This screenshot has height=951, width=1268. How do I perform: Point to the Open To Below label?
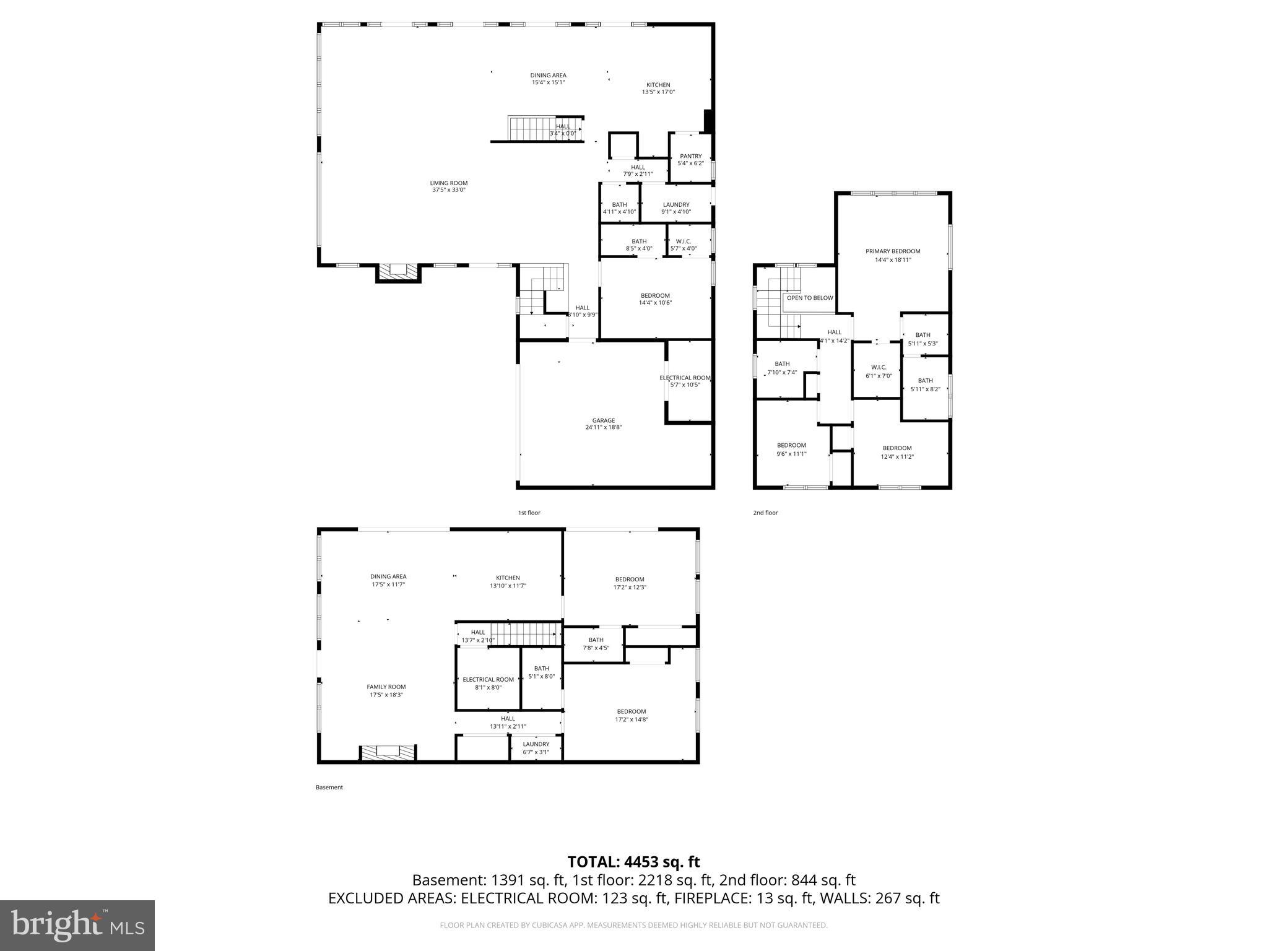pos(809,298)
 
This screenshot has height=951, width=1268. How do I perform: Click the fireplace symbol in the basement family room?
pos(388,752)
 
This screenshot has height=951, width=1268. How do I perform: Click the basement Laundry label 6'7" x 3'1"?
pos(536,748)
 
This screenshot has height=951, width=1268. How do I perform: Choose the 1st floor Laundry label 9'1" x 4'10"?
pos(675,208)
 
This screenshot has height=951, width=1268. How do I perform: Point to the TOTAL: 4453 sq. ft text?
pos(633,862)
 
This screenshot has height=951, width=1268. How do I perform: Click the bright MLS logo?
pos(77,926)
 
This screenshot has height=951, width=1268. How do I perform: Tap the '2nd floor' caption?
pos(765,513)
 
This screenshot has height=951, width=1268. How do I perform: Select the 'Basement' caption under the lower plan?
pos(329,788)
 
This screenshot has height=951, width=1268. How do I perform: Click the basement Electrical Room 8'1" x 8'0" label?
pos(488,683)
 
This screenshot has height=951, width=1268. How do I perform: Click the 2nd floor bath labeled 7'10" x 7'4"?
pos(782,368)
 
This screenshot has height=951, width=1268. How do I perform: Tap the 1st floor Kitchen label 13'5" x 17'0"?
pos(658,89)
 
